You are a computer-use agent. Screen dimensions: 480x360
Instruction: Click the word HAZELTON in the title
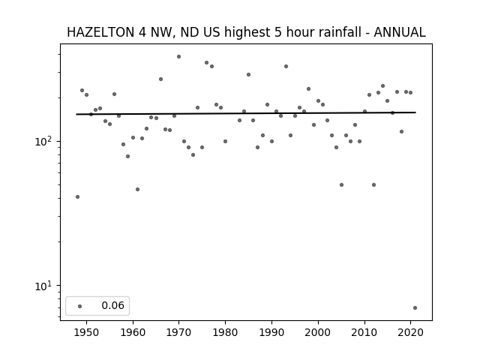[100, 32]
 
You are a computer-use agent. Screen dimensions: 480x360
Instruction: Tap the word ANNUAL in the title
[400, 32]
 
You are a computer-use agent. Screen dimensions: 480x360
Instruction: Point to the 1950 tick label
[87, 332]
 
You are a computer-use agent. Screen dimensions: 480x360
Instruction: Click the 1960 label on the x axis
[133, 332]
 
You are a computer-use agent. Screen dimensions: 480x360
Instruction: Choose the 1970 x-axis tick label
[179, 332]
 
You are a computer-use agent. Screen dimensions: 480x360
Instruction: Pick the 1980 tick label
[225, 332]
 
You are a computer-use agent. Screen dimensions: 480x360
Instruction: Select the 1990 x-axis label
[271, 332]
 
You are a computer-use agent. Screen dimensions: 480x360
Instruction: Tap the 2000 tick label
[318, 332]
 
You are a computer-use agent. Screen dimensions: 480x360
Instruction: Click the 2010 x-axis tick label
[364, 332]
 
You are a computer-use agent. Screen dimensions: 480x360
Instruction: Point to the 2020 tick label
[410, 332]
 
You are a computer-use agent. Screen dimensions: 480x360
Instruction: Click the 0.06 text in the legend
[113, 305]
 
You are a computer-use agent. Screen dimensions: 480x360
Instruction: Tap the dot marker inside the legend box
[80, 306]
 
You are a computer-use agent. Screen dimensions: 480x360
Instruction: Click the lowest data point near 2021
[415, 308]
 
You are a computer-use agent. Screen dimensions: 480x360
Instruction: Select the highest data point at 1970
[178, 57]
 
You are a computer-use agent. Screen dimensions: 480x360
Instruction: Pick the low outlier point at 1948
[77, 196]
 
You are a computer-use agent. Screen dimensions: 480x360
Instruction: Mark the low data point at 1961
[137, 190]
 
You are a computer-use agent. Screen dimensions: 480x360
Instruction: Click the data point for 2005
[342, 185]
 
